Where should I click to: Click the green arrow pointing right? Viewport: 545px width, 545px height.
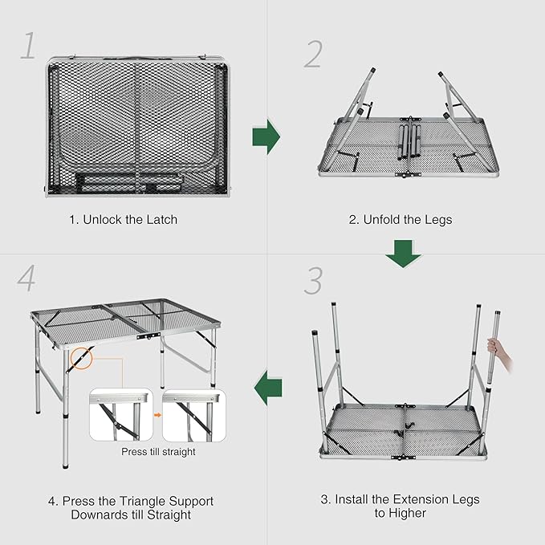coord(266,138)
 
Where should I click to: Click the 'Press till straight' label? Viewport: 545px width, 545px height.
coord(158,452)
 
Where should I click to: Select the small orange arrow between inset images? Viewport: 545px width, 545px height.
coord(157,415)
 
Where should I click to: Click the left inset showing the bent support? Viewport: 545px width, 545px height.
coord(120,415)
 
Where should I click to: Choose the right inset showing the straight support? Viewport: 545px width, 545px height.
coord(193,415)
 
